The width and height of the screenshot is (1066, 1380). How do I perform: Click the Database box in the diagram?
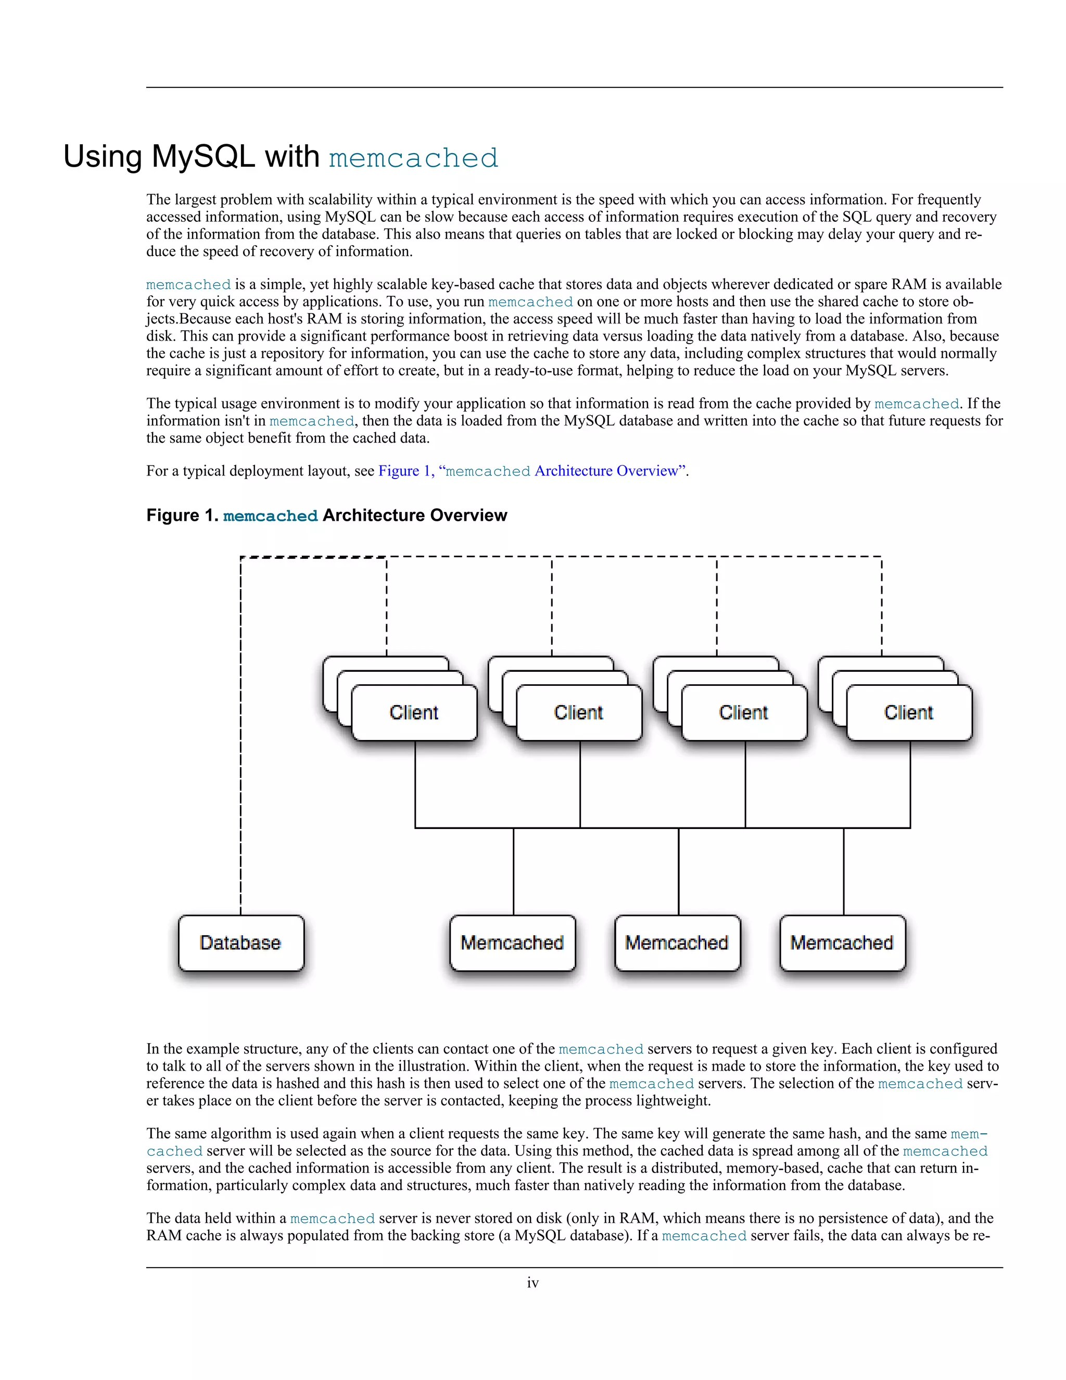coord(240,943)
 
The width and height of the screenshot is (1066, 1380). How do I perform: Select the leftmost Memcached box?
coord(512,943)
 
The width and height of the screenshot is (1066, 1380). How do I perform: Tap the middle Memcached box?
coord(677,943)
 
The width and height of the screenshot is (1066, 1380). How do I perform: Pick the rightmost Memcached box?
coord(842,943)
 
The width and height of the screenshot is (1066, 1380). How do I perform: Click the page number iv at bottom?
coord(533,1283)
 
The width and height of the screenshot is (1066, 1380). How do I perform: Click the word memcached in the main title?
coord(414,158)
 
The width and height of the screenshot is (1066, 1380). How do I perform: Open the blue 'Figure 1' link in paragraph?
coord(404,471)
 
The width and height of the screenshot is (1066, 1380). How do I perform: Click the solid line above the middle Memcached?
coord(678,872)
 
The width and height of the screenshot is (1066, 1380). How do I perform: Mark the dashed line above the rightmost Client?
coord(882,607)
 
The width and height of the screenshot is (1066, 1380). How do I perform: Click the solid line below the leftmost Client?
coord(415,784)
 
